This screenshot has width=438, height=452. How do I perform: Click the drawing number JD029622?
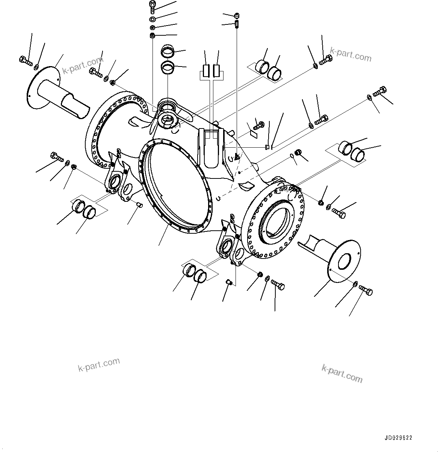coord(398,438)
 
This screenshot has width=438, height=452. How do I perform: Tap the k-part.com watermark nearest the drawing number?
coord(342,373)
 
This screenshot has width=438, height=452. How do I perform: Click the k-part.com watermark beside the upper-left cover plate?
coord(82,65)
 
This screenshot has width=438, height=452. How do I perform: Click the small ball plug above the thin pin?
coord(236,16)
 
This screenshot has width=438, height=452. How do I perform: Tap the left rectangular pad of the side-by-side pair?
coord(205,70)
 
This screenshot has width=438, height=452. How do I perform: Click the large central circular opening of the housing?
coord(173,177)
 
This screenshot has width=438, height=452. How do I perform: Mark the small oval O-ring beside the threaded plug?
coord(292,156)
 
